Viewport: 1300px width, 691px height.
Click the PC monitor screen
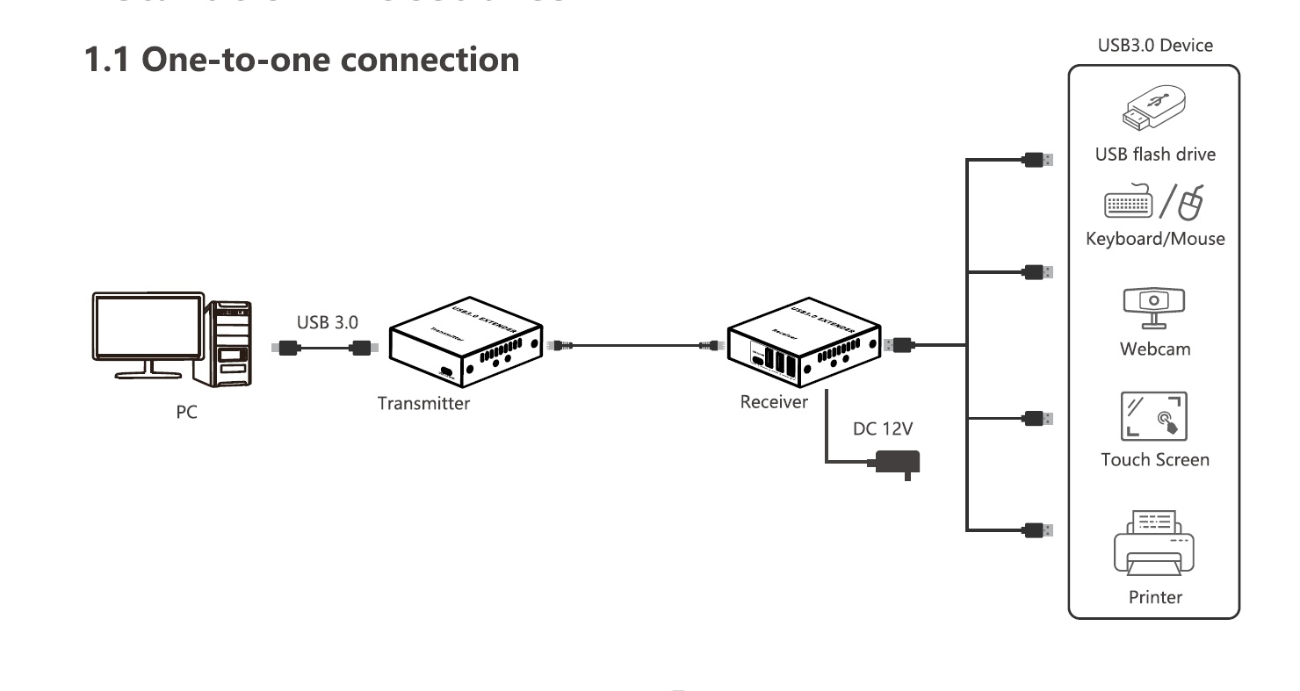click(148, 327)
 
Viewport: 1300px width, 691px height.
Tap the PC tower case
click(228, 342)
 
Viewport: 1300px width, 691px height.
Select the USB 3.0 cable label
click(327, 322)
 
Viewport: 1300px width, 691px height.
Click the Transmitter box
click(465, 343)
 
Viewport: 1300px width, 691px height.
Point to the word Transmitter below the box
click(423, 404)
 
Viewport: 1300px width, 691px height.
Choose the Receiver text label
click(774, 402)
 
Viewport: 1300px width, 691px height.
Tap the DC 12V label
click(883, 429)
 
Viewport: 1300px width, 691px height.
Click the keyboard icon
click(1128, 205)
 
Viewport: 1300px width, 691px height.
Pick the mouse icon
click(1190, 204)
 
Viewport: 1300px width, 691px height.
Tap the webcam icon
click(1154, 306)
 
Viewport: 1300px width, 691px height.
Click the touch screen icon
click(1154, 415)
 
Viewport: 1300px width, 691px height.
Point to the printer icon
click(1154, 541)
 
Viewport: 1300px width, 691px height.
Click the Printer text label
click(1155, 597)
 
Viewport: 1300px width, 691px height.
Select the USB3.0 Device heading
click(1155, 46)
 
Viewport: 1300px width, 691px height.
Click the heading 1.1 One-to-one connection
click(301, 60)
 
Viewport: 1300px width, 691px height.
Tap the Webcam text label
click(1155, 349)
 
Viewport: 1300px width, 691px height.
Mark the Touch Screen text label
click(1155, 459)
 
